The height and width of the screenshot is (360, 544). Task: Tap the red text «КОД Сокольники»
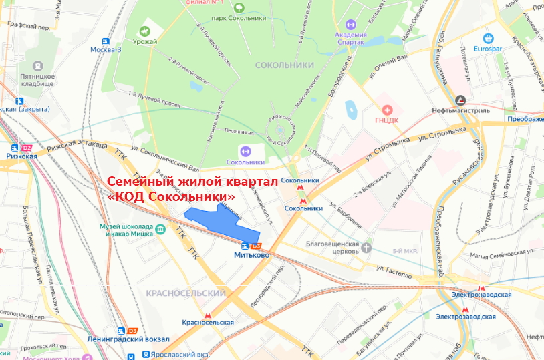coord(171,198)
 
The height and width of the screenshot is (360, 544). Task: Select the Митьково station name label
coord(251,254)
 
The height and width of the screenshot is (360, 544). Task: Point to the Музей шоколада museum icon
coord(161,230)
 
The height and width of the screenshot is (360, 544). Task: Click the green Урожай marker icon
coord(145,31)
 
